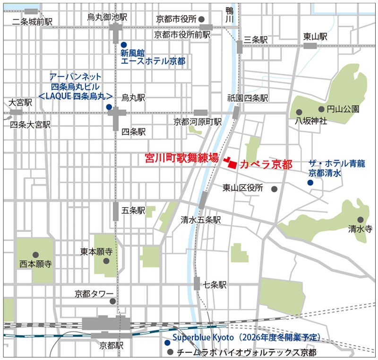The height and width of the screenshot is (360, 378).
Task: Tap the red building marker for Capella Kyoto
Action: [232, 163]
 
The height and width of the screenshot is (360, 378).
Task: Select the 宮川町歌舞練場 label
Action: [181, 158]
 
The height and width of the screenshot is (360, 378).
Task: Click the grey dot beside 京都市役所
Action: [202, 19]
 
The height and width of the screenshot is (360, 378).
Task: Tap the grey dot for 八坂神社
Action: [299, 112]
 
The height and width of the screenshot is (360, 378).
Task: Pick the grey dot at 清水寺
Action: [361, 220]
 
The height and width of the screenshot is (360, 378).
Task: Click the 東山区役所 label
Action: [243, 188]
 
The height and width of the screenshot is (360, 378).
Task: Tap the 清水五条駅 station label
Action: [201, 220]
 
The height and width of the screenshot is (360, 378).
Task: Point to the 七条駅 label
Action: [215, 285]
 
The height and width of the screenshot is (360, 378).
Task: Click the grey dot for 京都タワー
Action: [112, 301]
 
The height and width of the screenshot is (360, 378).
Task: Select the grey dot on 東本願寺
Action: [106, 261]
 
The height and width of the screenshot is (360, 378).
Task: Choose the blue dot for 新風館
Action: [123, 44]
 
